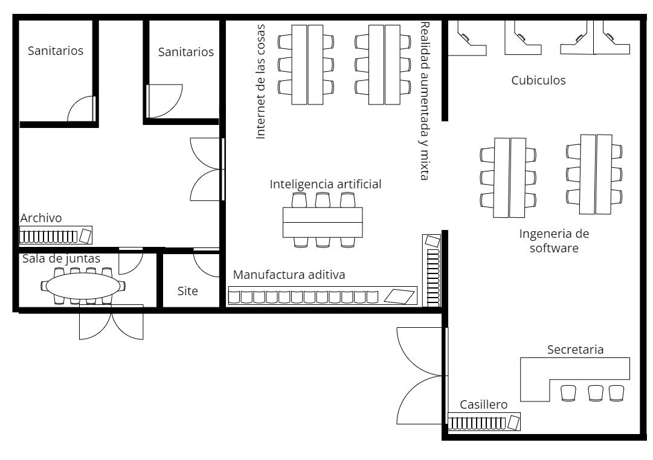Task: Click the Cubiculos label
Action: coord(538,80)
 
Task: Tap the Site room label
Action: coord(187,290)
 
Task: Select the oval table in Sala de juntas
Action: coord(83,286)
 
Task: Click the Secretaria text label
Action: coord(575,350)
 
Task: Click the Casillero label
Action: coord(483,404)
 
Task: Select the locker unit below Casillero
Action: coord(484,422)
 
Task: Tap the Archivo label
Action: coord(41,218)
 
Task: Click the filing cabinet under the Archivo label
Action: coord(56,235)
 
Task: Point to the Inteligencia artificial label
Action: coord(325,184)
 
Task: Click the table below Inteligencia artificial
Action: coord(323,222)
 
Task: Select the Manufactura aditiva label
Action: coord(289,274)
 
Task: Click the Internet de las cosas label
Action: coord(260,81)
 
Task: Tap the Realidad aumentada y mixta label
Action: coord(424,101)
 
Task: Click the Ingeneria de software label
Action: coord(554,241)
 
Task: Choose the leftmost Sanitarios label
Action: coord(56,51)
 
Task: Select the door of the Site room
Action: coord(206,263)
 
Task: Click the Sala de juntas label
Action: coord(61,258)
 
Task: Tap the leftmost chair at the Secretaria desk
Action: coord(568,393)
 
